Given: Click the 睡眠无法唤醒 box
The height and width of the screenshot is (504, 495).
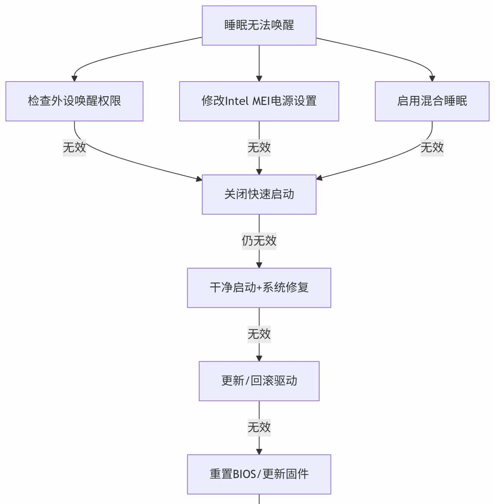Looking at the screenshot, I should coord(259,25).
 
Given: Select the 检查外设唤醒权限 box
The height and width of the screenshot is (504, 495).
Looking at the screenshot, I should coord(74,101).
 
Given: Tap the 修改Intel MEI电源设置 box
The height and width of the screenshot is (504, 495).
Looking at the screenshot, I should coord(259,101).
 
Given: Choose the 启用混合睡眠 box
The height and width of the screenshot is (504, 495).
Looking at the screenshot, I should coord(432,101).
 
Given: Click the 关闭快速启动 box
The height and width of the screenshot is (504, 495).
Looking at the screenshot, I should coord(259,194).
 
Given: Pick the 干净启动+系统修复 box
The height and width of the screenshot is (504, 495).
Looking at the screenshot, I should coord(259,288).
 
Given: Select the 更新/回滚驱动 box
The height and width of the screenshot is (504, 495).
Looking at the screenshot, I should coord(259,381).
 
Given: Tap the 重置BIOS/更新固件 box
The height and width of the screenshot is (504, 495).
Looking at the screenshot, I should coord(259,474).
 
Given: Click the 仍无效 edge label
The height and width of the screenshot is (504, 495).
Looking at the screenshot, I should coord(259,241).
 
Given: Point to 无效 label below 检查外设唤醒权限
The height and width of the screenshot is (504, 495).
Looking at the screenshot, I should coord(74,148).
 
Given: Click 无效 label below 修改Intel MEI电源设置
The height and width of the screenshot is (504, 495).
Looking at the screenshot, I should coord(259,148).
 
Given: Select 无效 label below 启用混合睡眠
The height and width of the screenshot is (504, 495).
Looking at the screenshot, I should coord(432,148).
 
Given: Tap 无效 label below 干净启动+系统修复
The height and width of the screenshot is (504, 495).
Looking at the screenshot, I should coord(259,334).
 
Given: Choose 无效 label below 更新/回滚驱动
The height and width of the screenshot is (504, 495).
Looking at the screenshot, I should coord(259,427).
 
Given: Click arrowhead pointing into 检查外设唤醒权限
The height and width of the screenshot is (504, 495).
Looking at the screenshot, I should coord(74,78).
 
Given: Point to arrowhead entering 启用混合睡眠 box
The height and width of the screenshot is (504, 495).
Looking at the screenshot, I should coord(432,78).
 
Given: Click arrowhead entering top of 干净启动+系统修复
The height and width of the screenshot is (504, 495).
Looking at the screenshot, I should coord(259,265).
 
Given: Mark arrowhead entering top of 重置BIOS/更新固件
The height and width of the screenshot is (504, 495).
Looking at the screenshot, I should coord(259,451).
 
